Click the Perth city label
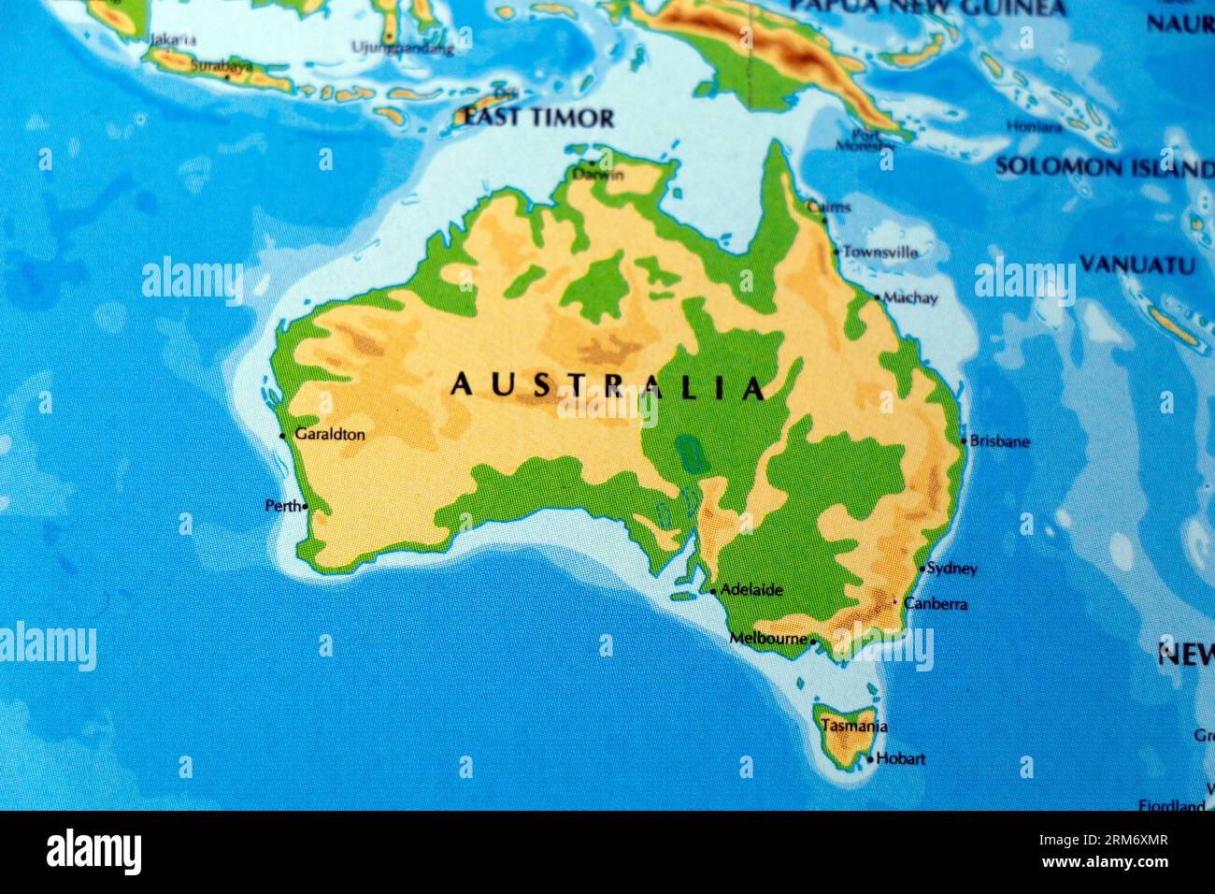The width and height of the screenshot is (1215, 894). (282, 506)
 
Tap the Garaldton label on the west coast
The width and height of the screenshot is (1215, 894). (329, 434)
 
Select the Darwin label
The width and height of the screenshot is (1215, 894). (598, 175)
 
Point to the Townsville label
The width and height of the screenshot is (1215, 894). (879, 252)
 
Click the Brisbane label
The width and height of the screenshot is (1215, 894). (999, 441)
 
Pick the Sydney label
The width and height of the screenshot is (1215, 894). (952, 569)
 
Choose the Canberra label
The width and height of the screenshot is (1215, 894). (936, 604)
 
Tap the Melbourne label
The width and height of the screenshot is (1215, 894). (768, 639)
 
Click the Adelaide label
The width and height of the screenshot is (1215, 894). (751, 590)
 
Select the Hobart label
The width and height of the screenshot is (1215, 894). (900, 758)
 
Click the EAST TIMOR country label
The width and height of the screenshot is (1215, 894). (539, 118)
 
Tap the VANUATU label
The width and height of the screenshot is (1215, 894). (1136, 265)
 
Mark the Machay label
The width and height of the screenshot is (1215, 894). (910, 298)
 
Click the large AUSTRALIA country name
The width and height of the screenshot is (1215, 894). (607, 386)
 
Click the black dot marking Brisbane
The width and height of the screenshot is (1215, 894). (964, 441)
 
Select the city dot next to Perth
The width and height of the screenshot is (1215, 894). (305, 507)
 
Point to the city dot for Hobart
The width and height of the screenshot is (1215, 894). (870, 759)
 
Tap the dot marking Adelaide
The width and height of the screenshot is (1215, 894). (713, 591)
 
